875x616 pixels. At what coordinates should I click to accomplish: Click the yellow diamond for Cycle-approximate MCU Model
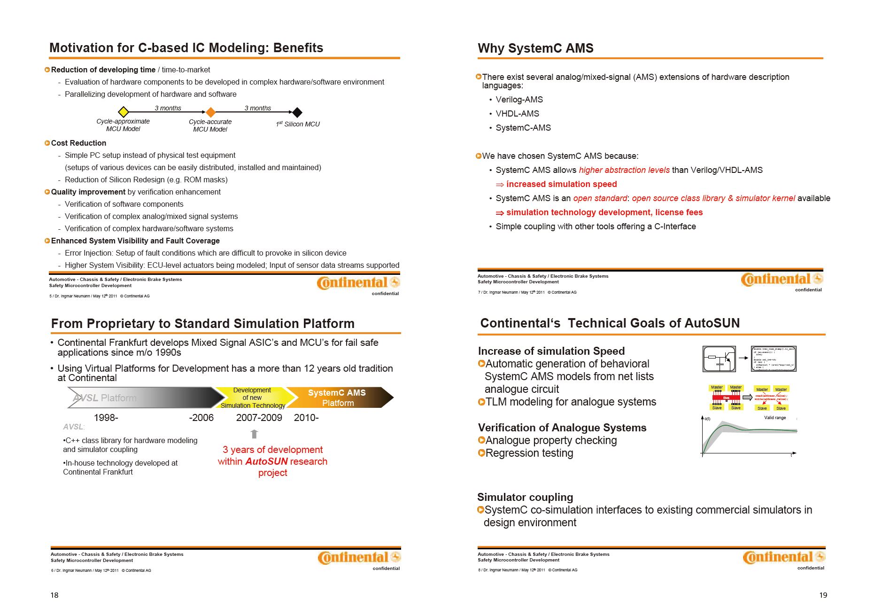(123, 112)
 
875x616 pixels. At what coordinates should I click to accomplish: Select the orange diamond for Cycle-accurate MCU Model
(211, 112)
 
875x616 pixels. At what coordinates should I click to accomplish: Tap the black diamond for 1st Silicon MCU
(297, 112)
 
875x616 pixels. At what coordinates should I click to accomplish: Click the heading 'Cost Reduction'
(78, 143)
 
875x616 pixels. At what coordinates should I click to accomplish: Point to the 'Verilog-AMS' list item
(519, 100)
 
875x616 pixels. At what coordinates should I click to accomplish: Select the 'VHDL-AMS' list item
(517, 114)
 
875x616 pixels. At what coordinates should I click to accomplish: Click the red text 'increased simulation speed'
(561, 184)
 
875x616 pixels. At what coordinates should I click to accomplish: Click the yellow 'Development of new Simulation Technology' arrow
(253, 398)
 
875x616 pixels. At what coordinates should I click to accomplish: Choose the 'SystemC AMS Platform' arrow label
(337, 398)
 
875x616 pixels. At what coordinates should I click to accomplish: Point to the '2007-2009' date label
(259, 418)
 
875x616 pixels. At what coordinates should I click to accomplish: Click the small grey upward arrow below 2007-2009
(254, 434)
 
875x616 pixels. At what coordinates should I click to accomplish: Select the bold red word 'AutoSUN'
(266, 461)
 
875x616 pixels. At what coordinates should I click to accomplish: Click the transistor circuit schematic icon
(719, 359)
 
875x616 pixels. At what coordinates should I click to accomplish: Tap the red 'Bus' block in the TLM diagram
(726, 398)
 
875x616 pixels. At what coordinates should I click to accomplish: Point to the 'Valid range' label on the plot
(774, 418)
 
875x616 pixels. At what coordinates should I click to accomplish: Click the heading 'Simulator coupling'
(525, 497)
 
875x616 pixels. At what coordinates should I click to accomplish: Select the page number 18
(54, 595)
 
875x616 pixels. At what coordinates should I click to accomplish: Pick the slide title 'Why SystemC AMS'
(535, 48)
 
